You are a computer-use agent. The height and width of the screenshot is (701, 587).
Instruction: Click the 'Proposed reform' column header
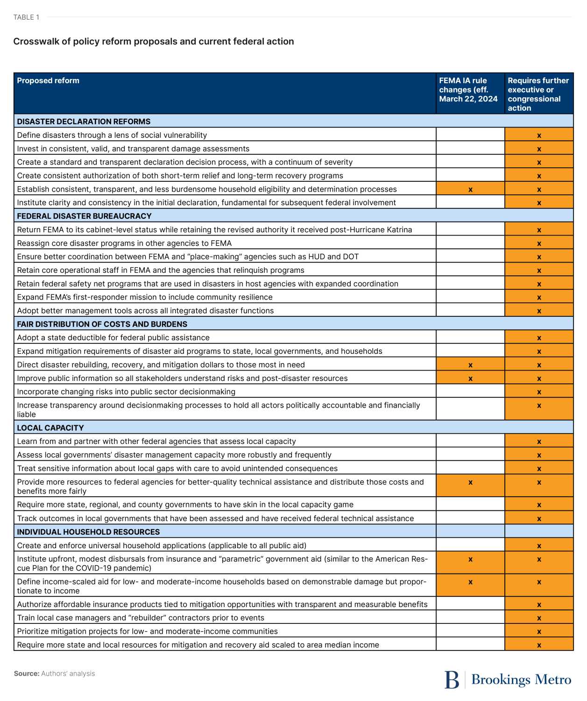[x=48, y=80]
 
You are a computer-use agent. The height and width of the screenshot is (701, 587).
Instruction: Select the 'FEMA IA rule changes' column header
[x=468, y=89]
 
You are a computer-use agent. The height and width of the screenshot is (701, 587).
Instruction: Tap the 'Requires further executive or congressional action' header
[x=538, y=94]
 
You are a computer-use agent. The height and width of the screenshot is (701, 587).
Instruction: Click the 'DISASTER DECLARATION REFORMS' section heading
[x=84, y=122]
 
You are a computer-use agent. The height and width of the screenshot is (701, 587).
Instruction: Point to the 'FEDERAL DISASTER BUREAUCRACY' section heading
[x=84, y=216]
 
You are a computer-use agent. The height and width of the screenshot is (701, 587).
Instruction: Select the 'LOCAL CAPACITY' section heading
[x=50, y=428]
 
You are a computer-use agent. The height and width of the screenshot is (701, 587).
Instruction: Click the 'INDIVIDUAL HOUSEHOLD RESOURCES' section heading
[x=88, y=532]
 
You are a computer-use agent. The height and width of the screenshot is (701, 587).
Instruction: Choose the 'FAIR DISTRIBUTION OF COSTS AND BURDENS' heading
[x=102, y=324]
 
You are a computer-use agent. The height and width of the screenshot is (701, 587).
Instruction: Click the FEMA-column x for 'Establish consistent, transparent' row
[x=470, y=189]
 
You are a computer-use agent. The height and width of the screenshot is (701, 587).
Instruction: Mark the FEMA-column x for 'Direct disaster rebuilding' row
[x=470, y=365]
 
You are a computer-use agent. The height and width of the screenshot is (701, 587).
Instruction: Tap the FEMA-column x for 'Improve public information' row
[x=470, y=378]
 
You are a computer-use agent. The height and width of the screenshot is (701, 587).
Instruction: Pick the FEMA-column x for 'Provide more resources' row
[x=470, y=482]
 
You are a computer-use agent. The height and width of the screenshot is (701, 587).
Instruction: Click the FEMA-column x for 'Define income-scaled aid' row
[x=470, y=582]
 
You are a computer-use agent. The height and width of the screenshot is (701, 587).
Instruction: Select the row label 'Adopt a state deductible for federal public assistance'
[x=113, y=337]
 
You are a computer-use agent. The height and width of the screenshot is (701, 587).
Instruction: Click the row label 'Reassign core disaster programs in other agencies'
[x=124, y=243]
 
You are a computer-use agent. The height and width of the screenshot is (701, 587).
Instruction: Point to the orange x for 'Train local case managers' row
[x=539, y=618]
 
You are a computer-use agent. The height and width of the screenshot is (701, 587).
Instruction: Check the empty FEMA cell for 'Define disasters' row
[x=470, y=135]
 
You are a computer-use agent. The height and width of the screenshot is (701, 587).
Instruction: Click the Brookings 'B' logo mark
[x=452, y=680]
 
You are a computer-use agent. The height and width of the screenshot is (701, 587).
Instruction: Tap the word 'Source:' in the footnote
[x=27, y=673]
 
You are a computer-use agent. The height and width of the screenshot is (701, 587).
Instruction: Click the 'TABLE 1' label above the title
[x=26, y=17]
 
